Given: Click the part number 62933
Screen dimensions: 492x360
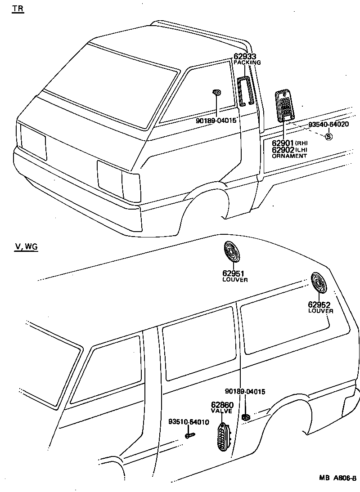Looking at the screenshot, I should (245, 57).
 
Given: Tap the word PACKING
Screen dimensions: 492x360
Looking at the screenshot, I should (247, 63).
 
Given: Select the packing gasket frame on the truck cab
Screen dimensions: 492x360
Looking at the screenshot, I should (245, 91).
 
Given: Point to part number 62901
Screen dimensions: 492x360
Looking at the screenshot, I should (283, 143).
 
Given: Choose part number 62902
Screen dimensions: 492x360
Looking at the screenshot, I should (283, 149).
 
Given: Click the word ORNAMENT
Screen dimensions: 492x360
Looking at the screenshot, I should (289, 156).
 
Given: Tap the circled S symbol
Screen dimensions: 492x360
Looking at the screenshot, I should (328, 136).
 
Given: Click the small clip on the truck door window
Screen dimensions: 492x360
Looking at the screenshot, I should (216, 92).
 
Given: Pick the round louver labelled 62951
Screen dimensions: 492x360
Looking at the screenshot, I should (233, 253).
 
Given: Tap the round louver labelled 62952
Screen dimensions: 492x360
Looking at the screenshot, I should (320, 283).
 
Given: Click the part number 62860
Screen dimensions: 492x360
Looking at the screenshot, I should (222, 405).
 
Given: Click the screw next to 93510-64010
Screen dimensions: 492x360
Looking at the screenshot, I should (190, 435).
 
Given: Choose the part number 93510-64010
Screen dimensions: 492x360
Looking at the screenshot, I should (189, 422).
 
